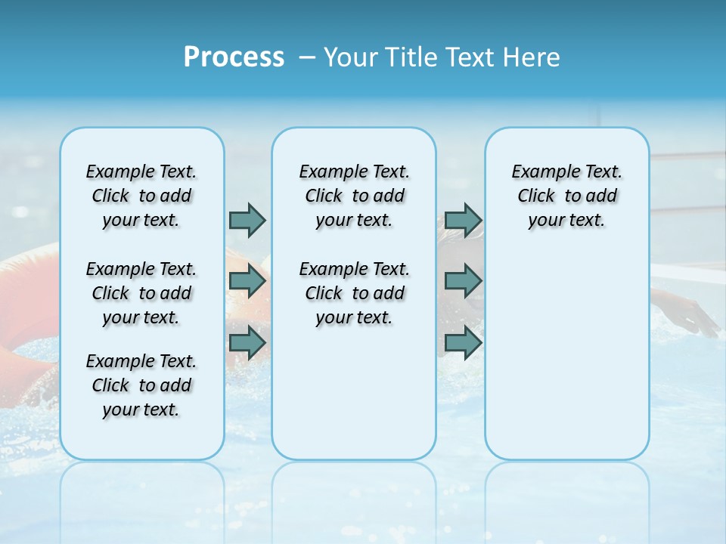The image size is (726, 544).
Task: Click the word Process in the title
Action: click(x=234, y=57)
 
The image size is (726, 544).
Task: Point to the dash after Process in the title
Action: click(x=307, y=57)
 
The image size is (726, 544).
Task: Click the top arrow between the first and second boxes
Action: click(x=247, y=220)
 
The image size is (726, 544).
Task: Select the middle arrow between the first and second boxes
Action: click(x=247, y=281)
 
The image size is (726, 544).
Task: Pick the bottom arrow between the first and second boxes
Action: click(x=247, y=342)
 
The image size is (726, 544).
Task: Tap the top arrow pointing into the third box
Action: click(x=463, y=220)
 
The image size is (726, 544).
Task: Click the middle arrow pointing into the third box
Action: click(x=463, y=281)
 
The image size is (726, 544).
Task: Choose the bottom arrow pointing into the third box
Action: click(x=463, y=342)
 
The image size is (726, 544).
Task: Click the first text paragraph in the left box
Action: click(x=141, y=196)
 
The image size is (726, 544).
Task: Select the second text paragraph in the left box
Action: click(x=141, y=293)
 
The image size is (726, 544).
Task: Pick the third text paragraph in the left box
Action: click(x=141, y=385)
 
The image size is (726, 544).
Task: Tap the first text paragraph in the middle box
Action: click(x=354, y=196)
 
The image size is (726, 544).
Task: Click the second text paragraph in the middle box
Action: click(x=354, y=293)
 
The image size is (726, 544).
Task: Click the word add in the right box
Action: click(x=602, y=196)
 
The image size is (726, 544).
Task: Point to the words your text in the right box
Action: click(x=566, y=221)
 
